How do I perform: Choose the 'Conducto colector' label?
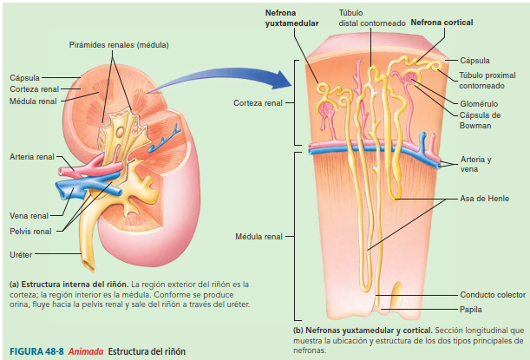click(492, 294)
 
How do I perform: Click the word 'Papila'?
click(473, 309)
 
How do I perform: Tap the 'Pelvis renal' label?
click(30, 232)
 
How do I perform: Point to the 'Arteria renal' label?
click(31, 157)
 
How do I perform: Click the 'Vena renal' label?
click(29, 215)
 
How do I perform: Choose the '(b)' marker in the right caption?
click(300, 330)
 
